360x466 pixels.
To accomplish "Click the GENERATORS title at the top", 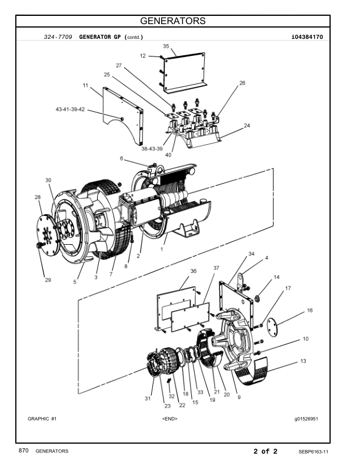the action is coord(172,21).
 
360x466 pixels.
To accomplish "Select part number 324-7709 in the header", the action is coord(58,37).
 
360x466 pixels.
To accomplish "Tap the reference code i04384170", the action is coord(307,37).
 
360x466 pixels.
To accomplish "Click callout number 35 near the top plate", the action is coord(166,46).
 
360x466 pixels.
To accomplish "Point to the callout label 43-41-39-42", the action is coord(70,109).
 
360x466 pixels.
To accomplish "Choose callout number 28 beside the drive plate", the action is coord(38,197).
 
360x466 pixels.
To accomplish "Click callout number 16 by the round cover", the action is coord(310,310).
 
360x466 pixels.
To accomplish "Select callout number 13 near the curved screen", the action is coord(304,361).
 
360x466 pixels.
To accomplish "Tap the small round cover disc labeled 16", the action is coord(272,327).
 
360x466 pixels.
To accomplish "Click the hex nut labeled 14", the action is coord(258,298).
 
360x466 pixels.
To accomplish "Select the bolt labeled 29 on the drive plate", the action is coord(39,245).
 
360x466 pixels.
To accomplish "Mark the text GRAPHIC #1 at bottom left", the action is coord(42,419).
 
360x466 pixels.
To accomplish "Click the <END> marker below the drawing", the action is coord(169,419).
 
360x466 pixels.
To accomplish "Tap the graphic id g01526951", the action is coord(306,419).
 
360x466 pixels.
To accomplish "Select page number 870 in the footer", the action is coord(24,451).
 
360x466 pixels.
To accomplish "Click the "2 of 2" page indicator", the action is coord(265,451).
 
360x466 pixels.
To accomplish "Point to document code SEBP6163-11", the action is coord(314,452).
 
